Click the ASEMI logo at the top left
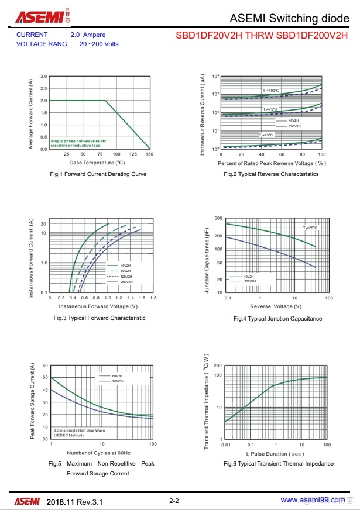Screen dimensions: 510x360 click(39, 17)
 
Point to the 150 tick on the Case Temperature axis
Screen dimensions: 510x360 click(149, 154)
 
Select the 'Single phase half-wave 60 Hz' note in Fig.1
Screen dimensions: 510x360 click(78, 141)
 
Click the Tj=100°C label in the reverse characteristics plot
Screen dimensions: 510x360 click(271, 91)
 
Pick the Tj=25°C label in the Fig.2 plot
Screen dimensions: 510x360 click(267, 135)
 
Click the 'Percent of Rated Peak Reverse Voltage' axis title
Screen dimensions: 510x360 click(272, 163)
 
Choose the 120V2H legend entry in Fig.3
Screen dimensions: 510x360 click(126, 276)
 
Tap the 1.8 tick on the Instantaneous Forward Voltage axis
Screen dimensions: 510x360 click(153, 298)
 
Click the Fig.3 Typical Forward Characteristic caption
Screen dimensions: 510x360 click(100, 318)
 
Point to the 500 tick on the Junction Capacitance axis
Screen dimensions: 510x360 click(218, 218)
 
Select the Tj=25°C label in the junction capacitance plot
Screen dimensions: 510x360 click(310, 228)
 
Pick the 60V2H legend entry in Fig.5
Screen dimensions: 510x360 click(117, 376)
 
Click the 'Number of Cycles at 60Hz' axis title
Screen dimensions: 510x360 click(98, 453)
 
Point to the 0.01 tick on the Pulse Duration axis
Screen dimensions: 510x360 click(225, 445)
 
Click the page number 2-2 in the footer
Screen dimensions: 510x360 click(174, 501)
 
